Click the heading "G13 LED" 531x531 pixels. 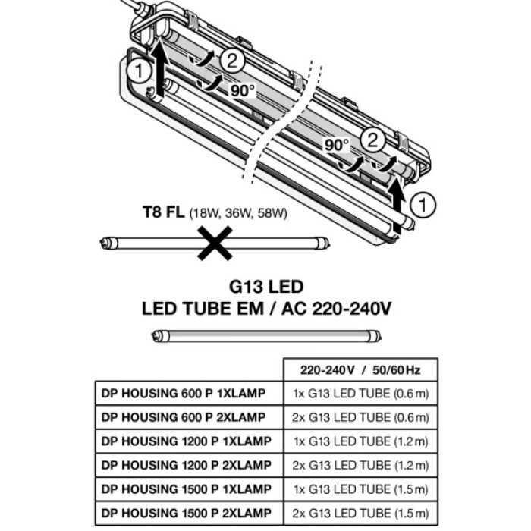pos(265,287)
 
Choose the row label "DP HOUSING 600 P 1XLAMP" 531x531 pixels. pos(184,394)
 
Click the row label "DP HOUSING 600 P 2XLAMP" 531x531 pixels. pos(184,417)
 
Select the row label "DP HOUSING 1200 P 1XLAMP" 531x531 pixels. pos(186,441)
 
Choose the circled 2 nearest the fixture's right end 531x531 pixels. pos(372,140)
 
